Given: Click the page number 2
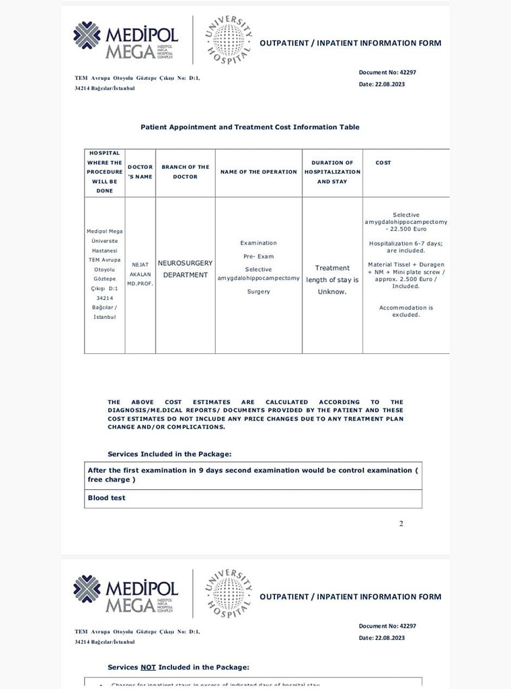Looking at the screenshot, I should (401, 523).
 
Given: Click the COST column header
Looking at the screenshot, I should (383, 163).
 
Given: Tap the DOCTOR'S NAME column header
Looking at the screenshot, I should (140, 172).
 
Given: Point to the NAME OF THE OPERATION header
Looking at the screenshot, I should (258, 172).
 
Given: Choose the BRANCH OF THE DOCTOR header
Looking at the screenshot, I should (185, 172).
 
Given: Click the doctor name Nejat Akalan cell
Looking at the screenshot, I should (140, 275).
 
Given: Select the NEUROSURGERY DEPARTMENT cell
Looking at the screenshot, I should (185, 269).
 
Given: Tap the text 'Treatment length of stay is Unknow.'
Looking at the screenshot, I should (332, 280).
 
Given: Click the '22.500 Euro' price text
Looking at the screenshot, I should (406, 229).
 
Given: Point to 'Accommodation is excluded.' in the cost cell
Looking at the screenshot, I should (406, 311).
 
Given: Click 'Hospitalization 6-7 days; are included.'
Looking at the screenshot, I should (406, 246).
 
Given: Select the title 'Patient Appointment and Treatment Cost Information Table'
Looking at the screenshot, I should (249, 127).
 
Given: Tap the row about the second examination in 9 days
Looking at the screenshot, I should (253, 475).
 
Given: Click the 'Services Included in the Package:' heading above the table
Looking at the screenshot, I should (169, 454).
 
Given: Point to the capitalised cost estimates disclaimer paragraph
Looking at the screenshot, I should (255, 414).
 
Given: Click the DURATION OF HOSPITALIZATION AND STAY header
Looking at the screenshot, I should (332, 172).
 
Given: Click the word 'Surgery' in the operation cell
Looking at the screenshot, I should (258, 292).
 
